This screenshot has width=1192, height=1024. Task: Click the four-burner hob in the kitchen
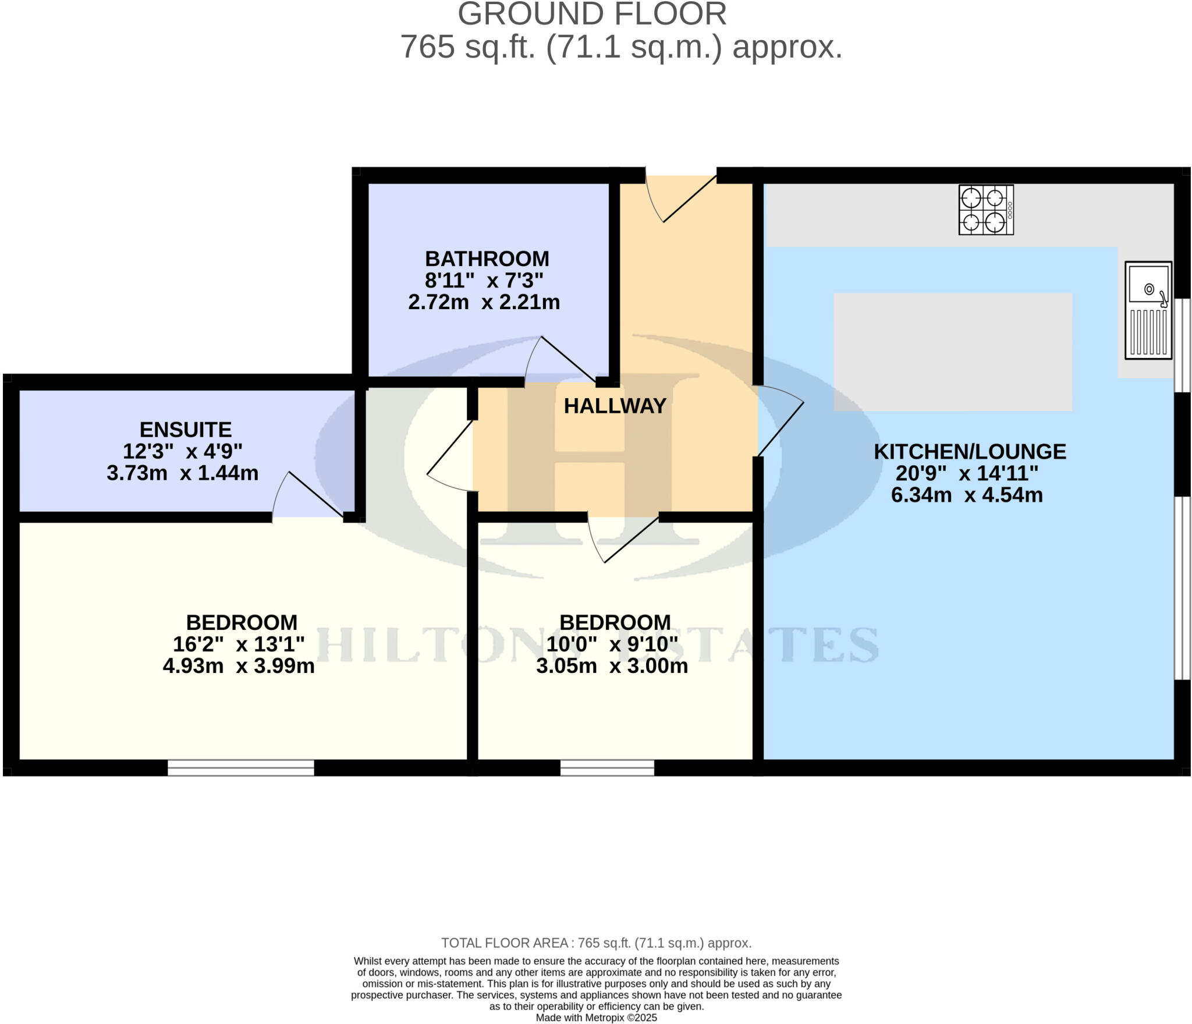(986, 210)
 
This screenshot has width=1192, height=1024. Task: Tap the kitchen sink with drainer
(1148, 310)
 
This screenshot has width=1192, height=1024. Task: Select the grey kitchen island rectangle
(953, 352)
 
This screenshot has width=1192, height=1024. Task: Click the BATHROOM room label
(487, 258)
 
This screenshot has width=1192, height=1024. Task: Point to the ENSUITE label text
(186, 430)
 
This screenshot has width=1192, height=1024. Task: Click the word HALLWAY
(615, 406)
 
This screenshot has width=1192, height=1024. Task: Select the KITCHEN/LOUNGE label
(970, 452)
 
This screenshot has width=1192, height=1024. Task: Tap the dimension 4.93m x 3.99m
(239, 666)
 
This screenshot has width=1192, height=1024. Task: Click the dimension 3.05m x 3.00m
(612, 666)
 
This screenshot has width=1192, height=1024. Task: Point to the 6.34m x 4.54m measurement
(967, 495)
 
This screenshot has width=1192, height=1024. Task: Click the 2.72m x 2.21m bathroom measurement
(484, 302)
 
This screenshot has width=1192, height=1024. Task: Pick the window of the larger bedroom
(241, 767)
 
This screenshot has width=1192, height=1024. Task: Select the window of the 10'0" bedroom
(607, 767)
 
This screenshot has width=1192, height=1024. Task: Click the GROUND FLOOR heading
(592, 14)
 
